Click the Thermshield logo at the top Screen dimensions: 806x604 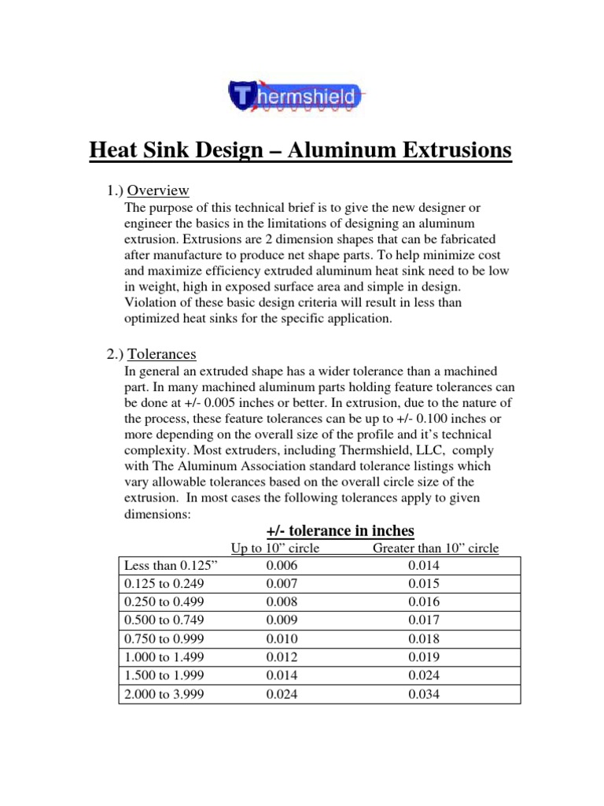pyautogui.click(x=298, y=97)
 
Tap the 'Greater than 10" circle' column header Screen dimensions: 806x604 pyautogui.click(x=435, y=548)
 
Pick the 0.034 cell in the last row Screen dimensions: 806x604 pyautogui.click(x=425, y=693)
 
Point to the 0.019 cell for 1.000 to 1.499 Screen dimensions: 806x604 pyautogui.click(x=425, y=657)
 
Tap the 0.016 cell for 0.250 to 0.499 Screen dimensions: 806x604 pyautogui.click(x=425, y=602)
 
